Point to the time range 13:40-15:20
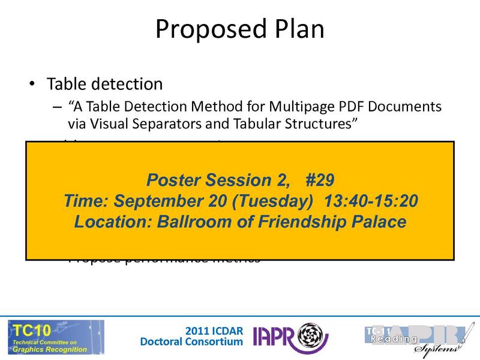pos(371,200)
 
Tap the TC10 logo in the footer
pos(55,337)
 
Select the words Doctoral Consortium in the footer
pos(191,342)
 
